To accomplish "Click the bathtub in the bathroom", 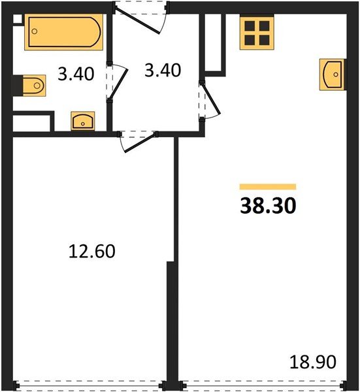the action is pyautogui.click(x=64, y=32).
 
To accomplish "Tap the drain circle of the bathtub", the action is pyautogui.click(x=35, y=31).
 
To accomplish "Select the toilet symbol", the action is pyautogui.click(x=34, y=86).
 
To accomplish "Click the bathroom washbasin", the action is pyautogui.click(x=83, y=121).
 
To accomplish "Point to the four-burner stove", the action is pyautogui.click(x=257, y=32).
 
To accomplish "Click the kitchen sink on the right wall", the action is pyautogui.click(x=333, y=74).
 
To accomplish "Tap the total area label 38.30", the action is pyautogui.click(x=268, y=206).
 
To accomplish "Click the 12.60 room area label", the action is pyautogui.click(x=91, y=252).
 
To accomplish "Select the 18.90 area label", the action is pyautogui.click(x=313, y=361).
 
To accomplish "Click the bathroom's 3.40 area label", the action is pyautogui.click(x=76, y=74).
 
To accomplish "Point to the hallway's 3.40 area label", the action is pyautogui.click(x=163, y=71).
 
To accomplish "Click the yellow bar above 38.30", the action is pyautogui.click(x=268, y=187).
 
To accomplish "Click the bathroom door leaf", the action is pyautogui.click(x=119, y=84).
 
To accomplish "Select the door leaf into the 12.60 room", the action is pyautogui.click(x=140, y=143).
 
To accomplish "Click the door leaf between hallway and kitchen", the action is pyautogui.click(x=212, y=99).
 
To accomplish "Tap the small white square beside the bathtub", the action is pyautogui.click(x=17, y=19).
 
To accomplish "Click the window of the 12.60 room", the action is pyautogui.click(x=90, y=385).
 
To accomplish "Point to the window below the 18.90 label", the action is pyautogui.click(x=263, y=385).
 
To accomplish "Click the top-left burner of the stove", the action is pyautogui.click(x=250, y=25).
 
